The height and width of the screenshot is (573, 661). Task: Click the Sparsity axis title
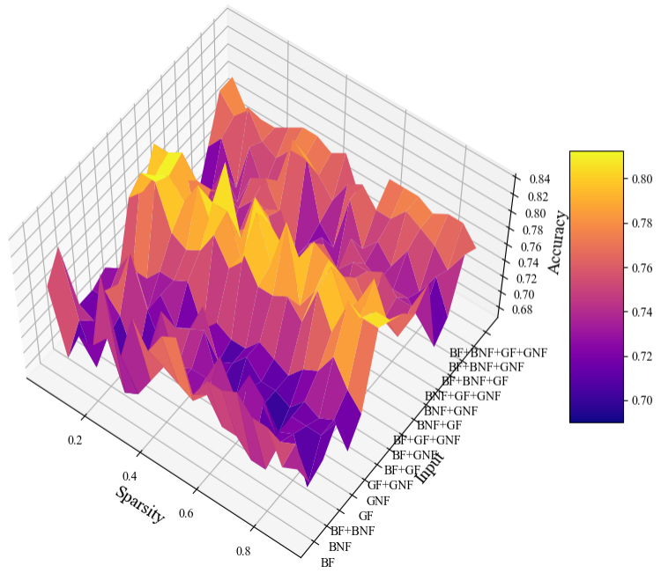tap(139, 503)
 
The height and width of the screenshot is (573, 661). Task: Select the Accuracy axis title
tap(556, 242)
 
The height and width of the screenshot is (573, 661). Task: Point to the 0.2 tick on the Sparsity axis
tap(76, 441)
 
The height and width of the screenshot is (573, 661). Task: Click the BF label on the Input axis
tap(328, 562)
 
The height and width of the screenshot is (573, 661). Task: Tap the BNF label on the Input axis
tap(341, 547)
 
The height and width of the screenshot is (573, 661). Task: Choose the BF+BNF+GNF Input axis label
tap(486, 366)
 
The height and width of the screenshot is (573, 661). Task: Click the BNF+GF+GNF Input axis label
tap(463, 396)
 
